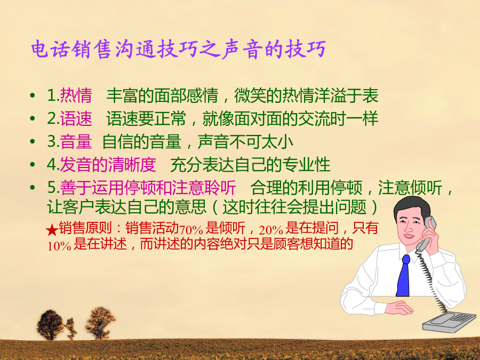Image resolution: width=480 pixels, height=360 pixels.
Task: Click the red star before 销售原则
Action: pyautogui.click(x=52, y=230)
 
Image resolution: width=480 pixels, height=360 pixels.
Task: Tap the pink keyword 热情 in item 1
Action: pyautogui.click(x=76, y=95)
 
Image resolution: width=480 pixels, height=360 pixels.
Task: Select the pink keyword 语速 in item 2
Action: pyautogui.click(x=76, y=118)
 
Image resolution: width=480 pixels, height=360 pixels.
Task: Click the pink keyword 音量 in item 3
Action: pyautogui.click(x=76, y=141)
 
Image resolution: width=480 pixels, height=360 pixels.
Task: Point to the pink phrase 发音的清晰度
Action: pyautogui.click(x=108, y=165)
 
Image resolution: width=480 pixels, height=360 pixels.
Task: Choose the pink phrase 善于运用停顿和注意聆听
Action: pyautogui.click(x=148, y=188)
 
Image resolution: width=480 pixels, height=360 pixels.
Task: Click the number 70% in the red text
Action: pyautogui.click(x=191, y=229)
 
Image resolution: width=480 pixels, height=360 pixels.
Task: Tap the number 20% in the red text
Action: pyautogui.click(x=271, y=230)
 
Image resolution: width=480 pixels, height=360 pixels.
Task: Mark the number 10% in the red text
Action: pyautogui.click(x=59, y=245)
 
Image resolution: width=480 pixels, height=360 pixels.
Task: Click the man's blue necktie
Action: pyautogui.click(x=404, y=276)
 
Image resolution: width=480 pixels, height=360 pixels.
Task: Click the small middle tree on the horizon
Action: pyautogui.click(x=71, y=329)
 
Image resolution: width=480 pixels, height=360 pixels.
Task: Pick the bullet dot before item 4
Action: pyautogui.click(x=33, y=165)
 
